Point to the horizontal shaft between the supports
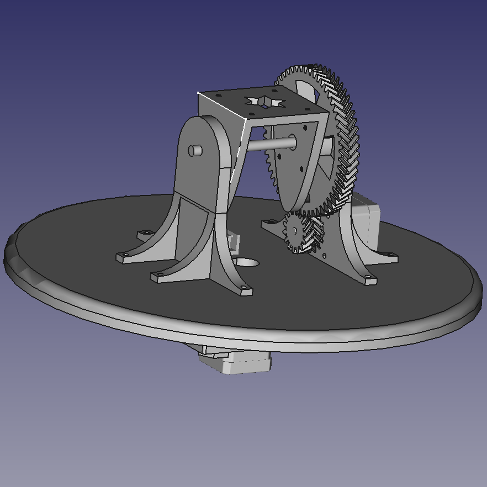[270, 144]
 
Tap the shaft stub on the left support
[194, 150]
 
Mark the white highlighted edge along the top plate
[221, 105]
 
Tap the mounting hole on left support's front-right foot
[243, 288]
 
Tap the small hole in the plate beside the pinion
[325, 256]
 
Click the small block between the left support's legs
[234, 241]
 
